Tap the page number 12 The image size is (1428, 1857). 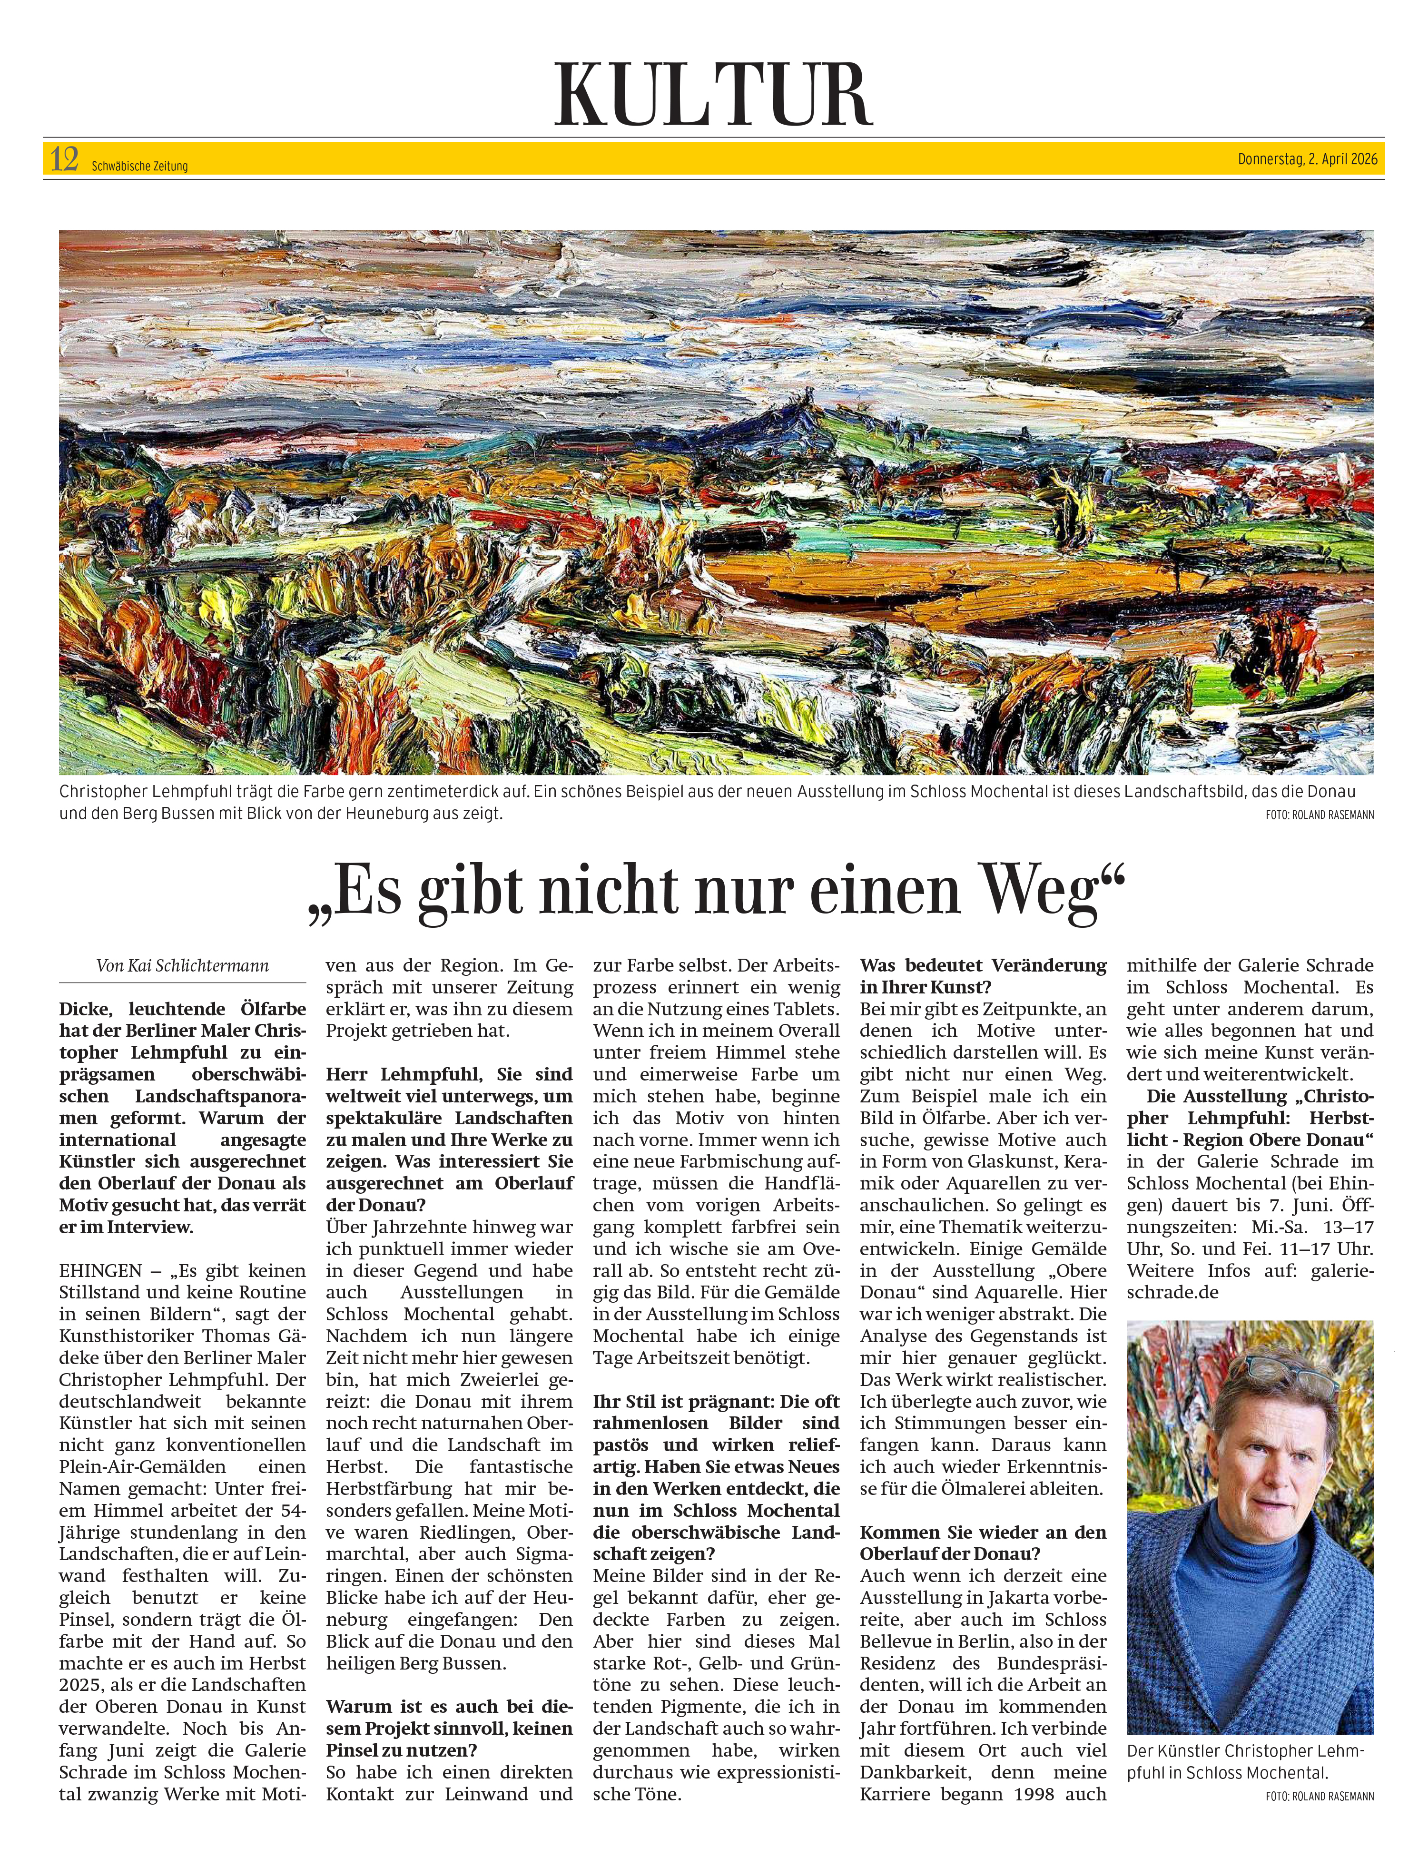click(65, 159)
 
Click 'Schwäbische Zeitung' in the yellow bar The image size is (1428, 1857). click(139, 166)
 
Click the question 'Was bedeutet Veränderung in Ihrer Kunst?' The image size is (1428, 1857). click(984, 976)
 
